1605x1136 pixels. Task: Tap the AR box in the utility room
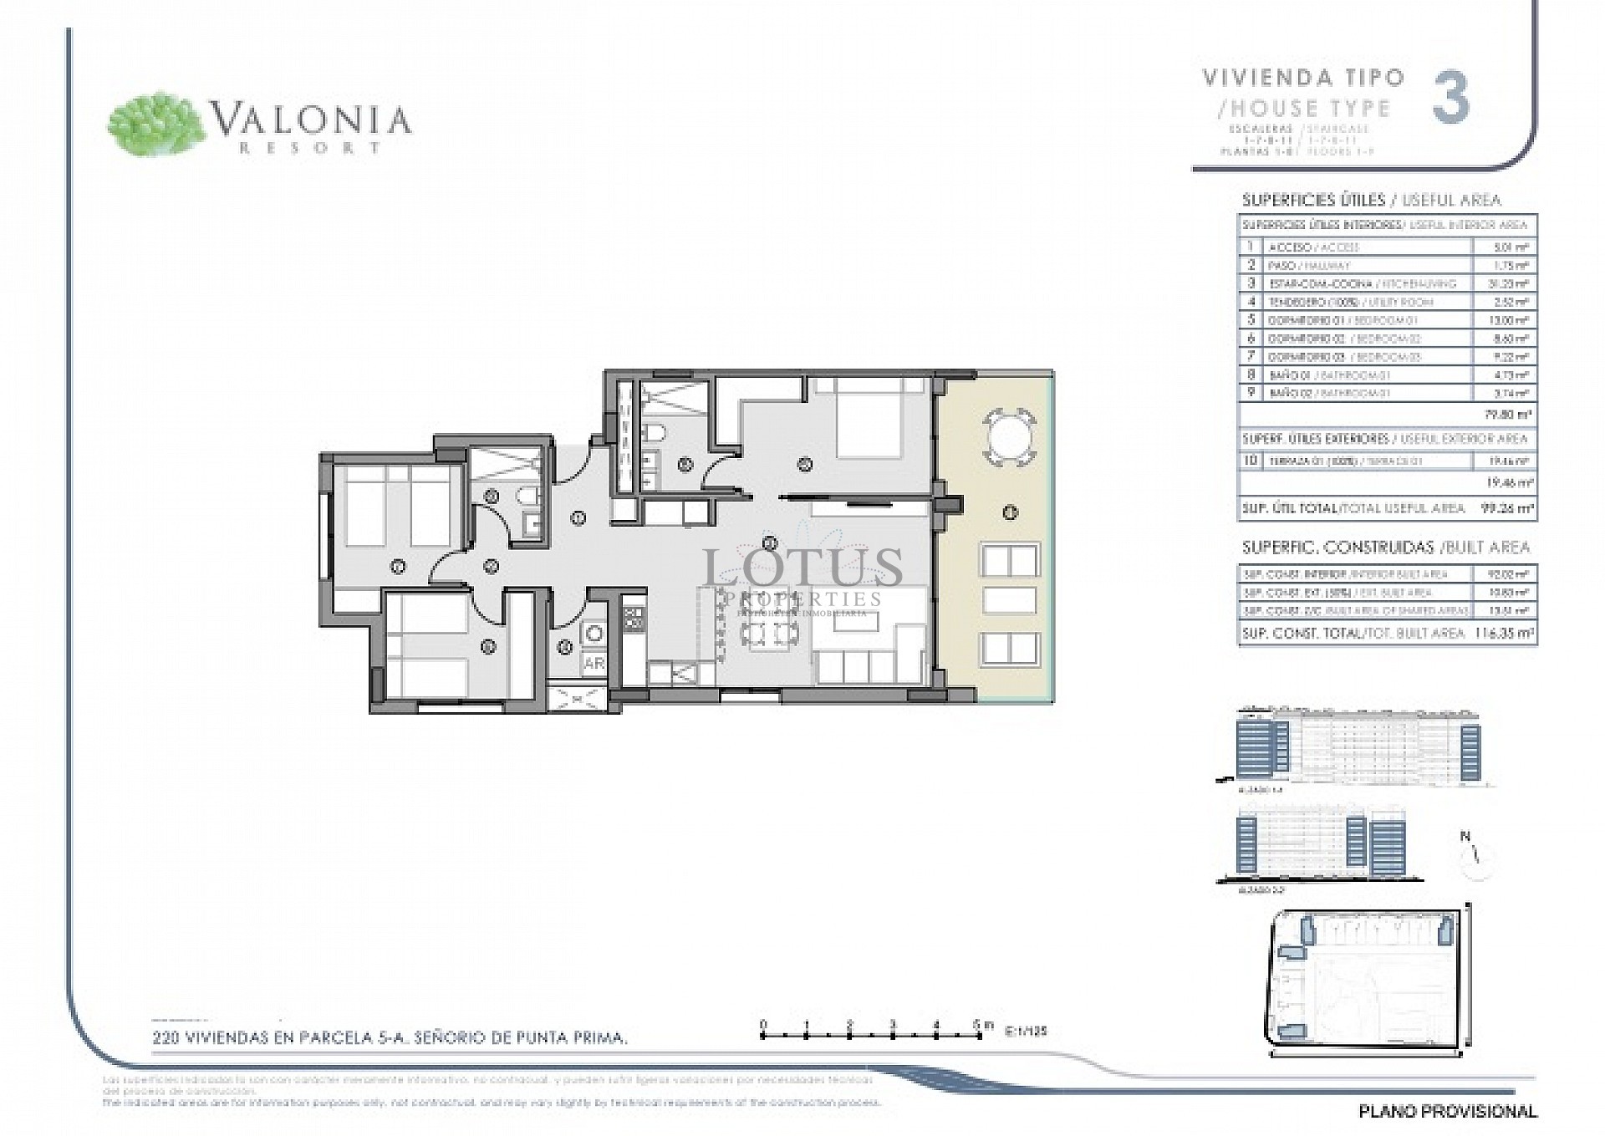coord(594,664)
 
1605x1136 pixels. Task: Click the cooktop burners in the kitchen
coord(633,619)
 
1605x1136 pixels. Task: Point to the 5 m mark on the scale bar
coord(980,1026)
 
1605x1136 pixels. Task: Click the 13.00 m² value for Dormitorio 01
coord(1513,320)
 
